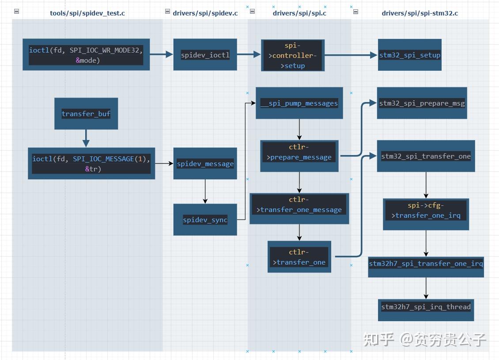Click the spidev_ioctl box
[205, 55]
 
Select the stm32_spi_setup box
[410, 55]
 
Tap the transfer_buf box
[86, 114]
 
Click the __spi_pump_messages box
[299, 103]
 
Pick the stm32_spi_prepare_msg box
[422, 103]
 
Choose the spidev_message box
[205, 163]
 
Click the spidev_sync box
[205, 220]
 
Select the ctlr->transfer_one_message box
[299, 205]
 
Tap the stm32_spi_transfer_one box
[426, 156]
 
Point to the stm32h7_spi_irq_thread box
[426, 307]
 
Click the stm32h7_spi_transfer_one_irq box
[426, 264]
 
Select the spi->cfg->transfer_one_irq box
[426, 210]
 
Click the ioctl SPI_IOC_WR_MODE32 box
[86, 55]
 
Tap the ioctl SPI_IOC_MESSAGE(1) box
[91, 163]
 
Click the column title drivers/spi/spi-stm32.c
[420, 13]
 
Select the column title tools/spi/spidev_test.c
[87, 13]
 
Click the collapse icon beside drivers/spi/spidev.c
[167, 12]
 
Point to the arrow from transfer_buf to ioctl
[86, 138]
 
